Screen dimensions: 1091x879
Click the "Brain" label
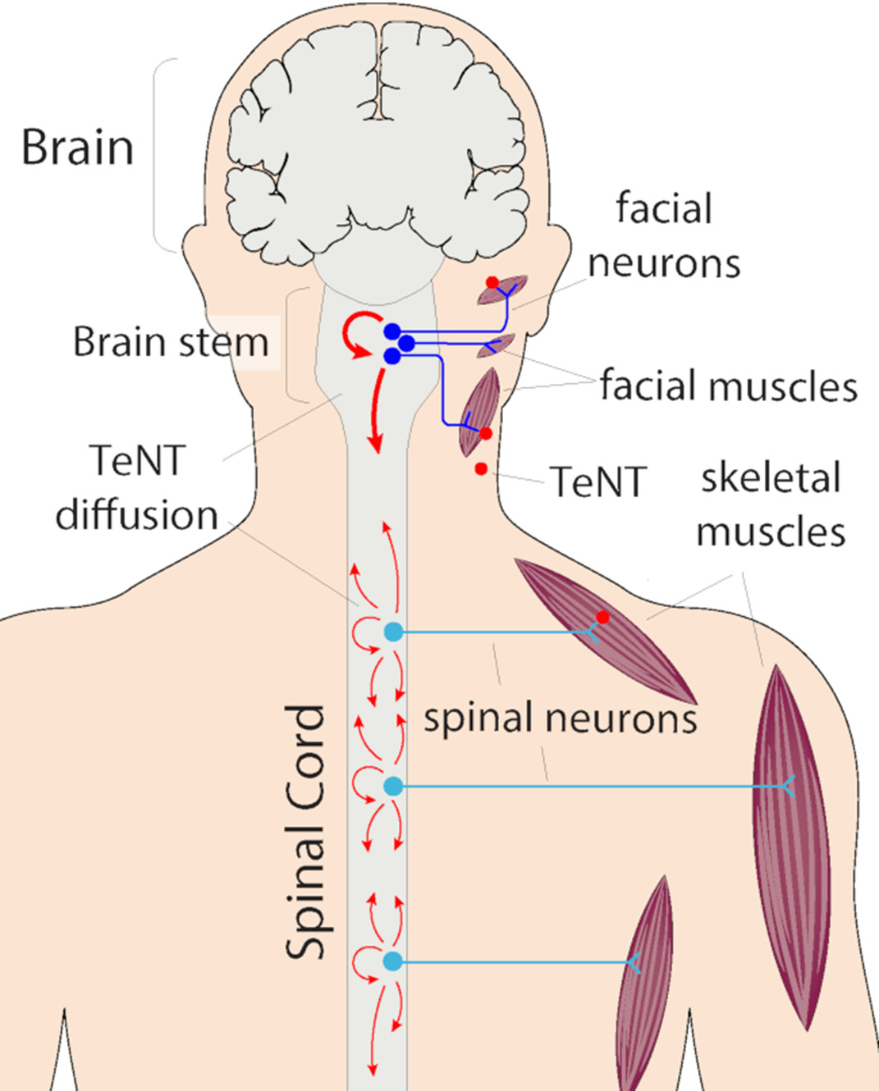coord(77,148)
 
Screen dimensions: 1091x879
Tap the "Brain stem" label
coord(171,342)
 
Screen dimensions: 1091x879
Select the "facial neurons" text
coord(664,236)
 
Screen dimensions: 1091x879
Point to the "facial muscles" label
coord(728,386)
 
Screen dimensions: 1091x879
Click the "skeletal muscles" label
coord(771,504)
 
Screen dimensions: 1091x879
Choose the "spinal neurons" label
coord(560,718)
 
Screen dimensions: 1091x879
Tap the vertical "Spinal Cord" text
coord(305,832)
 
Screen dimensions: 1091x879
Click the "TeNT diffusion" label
coord(137,487)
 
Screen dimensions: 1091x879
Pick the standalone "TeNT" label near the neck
coord(598,482)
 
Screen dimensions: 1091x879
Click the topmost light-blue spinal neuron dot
coord(394,632)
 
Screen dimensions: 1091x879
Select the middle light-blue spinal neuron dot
coord(394,786)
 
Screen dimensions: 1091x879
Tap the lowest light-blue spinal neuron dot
coord(393,961)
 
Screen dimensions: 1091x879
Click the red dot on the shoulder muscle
coord(602,617)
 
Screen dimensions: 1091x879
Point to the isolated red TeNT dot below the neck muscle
coord(481,469)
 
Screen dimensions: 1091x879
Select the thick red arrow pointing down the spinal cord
coord(376,410)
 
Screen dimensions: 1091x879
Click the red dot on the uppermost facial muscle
coord(492,283)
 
